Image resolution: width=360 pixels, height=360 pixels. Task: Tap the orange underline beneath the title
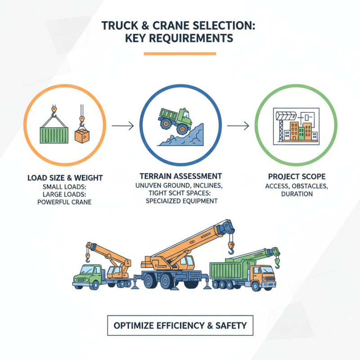click(x=180, y=54)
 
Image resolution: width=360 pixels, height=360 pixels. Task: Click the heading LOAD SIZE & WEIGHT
click(x=65, y=178)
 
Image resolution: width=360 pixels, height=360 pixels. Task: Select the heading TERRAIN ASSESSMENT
click(x=180, y=176)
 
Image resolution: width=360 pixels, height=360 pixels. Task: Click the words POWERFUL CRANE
click(x=65, y=202)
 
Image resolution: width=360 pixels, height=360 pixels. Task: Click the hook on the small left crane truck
click(x=88, y=258)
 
